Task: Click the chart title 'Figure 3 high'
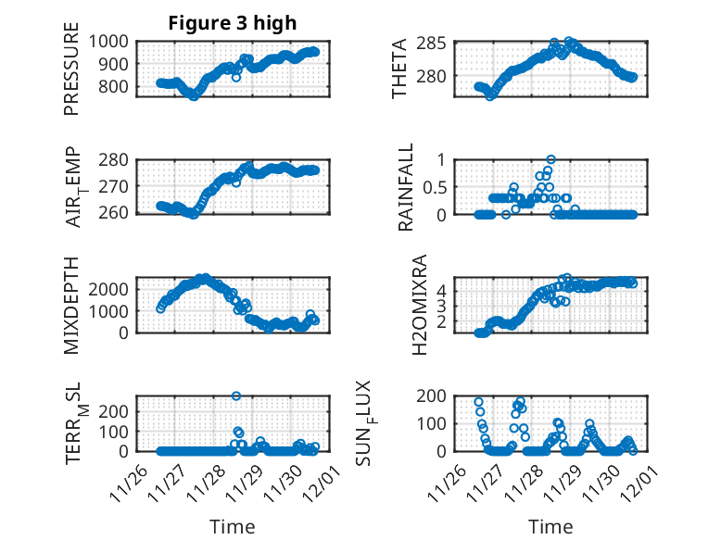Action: (x=233, y=23)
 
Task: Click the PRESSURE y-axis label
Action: (x=71, y=74)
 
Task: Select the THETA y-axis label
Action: (x=400, y=69)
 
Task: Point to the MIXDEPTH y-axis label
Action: (x=71, y=305)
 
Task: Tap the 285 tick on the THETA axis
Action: (x=440, y=44)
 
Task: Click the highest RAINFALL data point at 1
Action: (x=550, y=159)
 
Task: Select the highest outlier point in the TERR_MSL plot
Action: (x=236, y=396)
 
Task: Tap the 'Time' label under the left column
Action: (x=233, y=526)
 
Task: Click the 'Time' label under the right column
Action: (x=550, y=526)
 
